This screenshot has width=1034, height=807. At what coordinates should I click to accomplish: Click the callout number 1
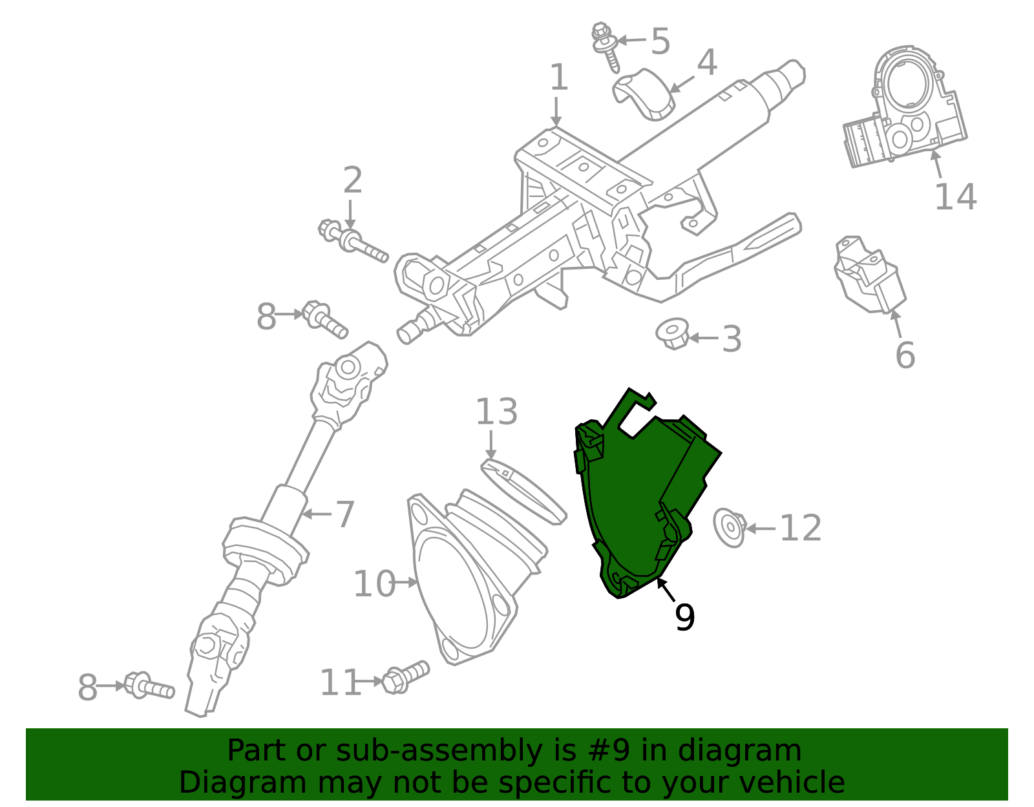(558, 78)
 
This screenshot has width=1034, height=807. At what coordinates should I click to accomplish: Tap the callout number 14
(956, 196)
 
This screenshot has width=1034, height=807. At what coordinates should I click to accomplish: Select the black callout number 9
(685, 617)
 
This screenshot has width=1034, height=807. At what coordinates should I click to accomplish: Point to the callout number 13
(496, 412)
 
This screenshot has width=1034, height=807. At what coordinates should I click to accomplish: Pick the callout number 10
(374, 583)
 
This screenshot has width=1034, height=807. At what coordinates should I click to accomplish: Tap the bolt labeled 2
(353, 241)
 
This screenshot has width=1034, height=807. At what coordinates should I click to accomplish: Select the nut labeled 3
(672, 333)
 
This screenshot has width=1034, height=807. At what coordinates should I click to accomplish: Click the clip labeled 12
(730, 527)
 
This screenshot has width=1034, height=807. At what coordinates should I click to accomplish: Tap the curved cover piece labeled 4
(643, 95)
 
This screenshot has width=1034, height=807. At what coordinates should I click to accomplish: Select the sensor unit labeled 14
(904, 107)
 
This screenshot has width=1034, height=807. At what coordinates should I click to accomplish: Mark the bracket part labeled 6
(870, 275)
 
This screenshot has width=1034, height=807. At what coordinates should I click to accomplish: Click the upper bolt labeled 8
(325, 319)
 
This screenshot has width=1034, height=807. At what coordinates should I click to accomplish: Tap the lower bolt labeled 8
(149, 686)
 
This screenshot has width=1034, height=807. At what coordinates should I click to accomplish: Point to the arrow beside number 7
(317, 514)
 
